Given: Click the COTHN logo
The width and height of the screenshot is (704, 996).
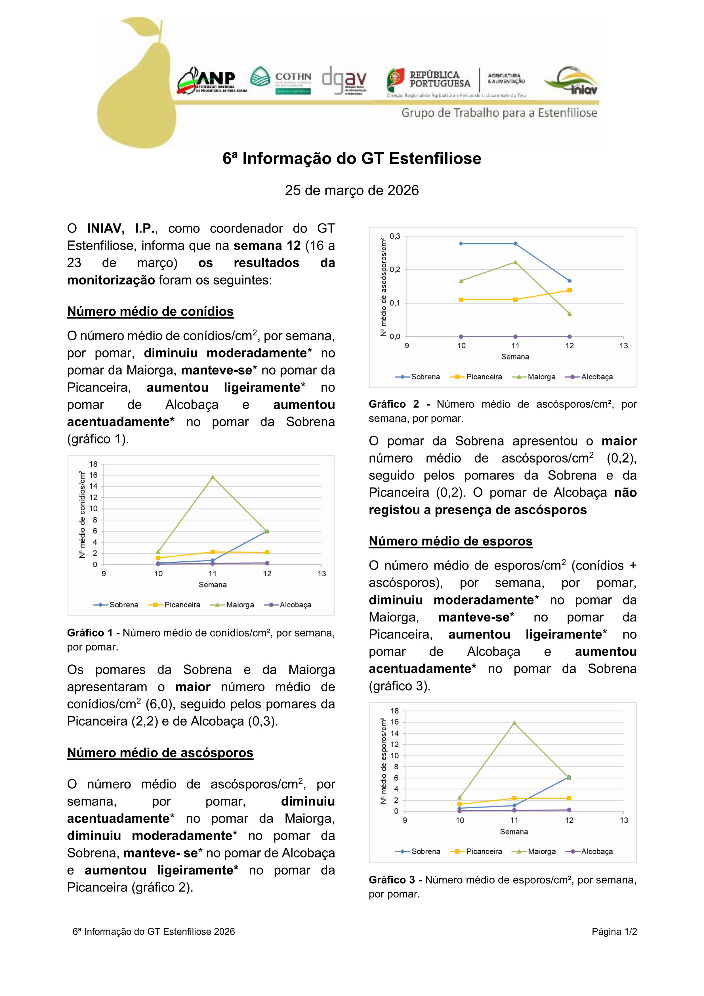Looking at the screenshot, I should point(281,81).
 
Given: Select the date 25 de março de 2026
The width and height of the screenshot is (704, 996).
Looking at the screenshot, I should point(352,191).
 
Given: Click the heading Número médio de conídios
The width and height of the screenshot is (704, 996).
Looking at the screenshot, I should point(150,311).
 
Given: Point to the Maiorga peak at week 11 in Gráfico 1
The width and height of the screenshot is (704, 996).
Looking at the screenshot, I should point(213,477).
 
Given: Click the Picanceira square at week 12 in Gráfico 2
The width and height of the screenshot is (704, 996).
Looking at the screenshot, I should point(569,290).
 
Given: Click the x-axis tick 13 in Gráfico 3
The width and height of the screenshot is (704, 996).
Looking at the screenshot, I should point(623,820).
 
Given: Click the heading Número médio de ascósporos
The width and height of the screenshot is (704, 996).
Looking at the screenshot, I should point(160,753).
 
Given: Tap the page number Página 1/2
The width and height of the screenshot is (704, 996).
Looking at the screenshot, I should point(614,931).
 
